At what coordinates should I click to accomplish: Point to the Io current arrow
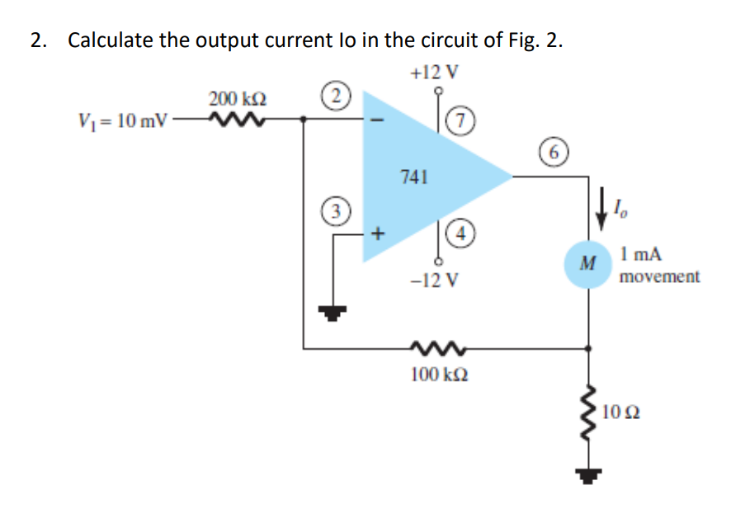coord(602,205)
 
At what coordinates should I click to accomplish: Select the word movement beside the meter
coord(659,276)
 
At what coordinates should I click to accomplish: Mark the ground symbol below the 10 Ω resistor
coord(589,474)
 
